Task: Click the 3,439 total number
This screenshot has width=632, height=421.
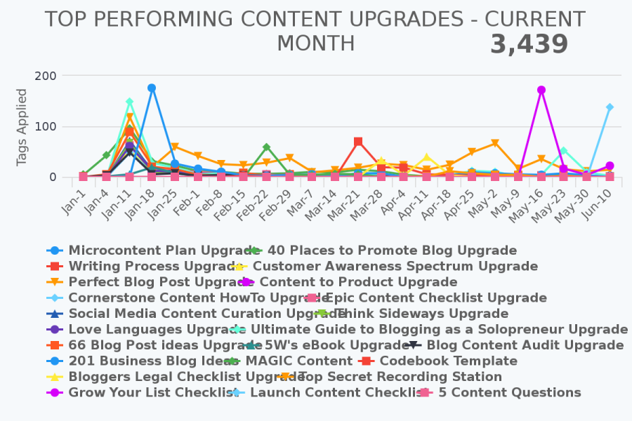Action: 528,45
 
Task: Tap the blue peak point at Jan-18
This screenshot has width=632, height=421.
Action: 152,88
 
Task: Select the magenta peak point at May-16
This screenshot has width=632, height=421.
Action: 541,90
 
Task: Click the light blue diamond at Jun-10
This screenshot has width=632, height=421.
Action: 610,107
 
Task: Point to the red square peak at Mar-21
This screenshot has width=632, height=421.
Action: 358,142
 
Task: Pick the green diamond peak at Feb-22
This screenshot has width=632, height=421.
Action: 266,147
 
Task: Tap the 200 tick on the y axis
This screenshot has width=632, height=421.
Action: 48,75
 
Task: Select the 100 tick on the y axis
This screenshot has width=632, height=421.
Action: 48,127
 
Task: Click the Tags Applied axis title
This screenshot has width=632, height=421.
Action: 22,127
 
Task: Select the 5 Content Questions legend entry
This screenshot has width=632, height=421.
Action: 509,392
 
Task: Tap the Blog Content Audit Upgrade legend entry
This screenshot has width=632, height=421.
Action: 525,345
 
